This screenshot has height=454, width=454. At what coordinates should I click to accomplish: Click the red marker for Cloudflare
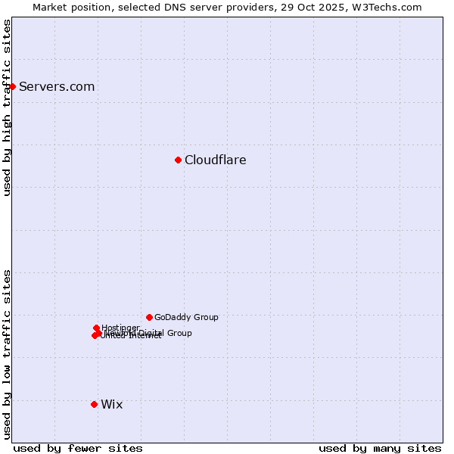click(178, 160)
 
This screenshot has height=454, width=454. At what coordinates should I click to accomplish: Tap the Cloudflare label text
click(215, 160)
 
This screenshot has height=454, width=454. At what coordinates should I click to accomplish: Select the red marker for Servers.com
click(13, 86)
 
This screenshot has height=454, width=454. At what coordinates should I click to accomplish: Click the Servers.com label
click(57, 87)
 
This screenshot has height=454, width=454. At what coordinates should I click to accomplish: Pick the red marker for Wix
click(94, 404)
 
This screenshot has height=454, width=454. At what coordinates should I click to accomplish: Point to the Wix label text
click(111, 405)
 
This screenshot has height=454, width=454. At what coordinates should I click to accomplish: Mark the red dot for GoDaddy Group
click(149, 317)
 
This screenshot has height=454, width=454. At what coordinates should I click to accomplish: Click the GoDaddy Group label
click(186, 318)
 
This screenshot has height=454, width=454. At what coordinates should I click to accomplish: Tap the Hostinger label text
click(120, 328)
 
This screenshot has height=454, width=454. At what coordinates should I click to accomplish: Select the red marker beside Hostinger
click(97, 328)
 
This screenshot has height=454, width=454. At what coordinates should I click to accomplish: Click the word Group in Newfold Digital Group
click(179, 333)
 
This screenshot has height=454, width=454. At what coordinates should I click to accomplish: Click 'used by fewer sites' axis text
click(78, 449)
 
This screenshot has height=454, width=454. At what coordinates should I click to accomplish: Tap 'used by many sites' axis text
click(380, 449)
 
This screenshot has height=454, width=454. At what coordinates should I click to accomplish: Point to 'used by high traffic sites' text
click(7, 108)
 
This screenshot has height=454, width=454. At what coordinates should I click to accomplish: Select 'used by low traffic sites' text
click(7, 354)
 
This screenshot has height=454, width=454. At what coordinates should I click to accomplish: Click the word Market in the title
click(50, 7)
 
